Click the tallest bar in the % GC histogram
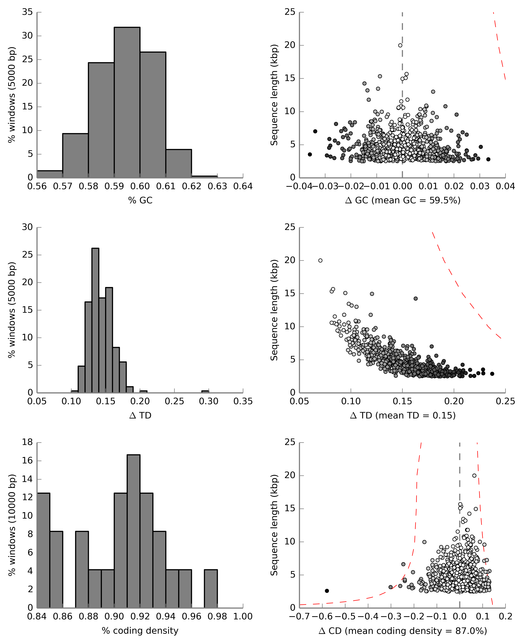pyautogui.click(x=127, y=102)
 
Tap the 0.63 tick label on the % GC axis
pyautogui.click(x=217, y=186)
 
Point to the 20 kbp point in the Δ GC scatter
pyautogui.click(x=400, y=45)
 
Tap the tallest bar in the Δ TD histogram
pyautogui.click(x=95, y=320)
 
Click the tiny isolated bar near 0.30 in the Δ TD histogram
pyautogui.click(x=205, y=392)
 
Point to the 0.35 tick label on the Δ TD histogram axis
pyautogui.click(x=243, y=402)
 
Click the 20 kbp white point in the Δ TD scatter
pyautogui.click(x=320, y=261)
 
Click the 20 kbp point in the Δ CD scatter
pyautogui.click(x=474, y=476)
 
